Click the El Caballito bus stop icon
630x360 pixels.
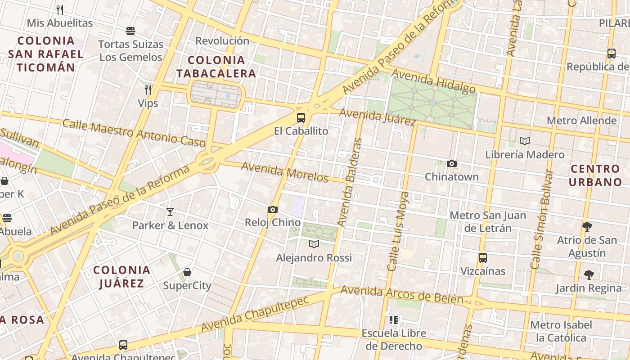click(x=301, y=118)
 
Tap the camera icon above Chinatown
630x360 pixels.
click(x=452, y=164)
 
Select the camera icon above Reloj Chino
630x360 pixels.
click(x=272, y=209)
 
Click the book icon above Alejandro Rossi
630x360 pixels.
click(x=314, y=244)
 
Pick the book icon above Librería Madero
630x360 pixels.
click(x=525, y=141)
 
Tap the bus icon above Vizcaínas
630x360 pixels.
click(x=483, y=258)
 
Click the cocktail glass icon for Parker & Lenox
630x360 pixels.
click(x=170, y=212)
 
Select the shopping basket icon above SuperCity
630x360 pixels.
click(x=187, y=272)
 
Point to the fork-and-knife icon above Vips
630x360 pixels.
click(x=148, y=90)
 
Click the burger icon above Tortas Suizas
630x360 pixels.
click(x=130, y=31)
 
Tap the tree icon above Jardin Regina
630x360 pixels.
click(x=589, y=274)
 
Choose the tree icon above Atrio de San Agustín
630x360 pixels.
click(x=587, y=226)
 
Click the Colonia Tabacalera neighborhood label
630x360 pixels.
click(x=216, y=67)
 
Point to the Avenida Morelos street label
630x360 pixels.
click(x=285, y=172)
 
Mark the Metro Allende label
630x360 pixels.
click(x=581, y=121)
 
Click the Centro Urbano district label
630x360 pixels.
click(x=595, y=175)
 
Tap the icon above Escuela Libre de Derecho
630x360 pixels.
click(x=394, y=320)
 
